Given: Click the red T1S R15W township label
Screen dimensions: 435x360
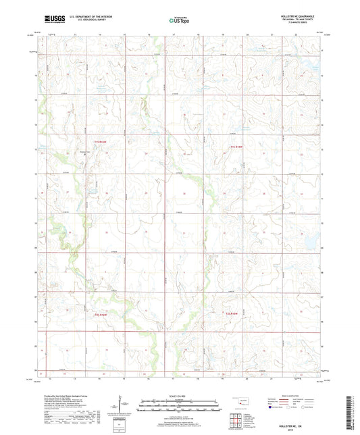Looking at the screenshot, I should tap(234, 147).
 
